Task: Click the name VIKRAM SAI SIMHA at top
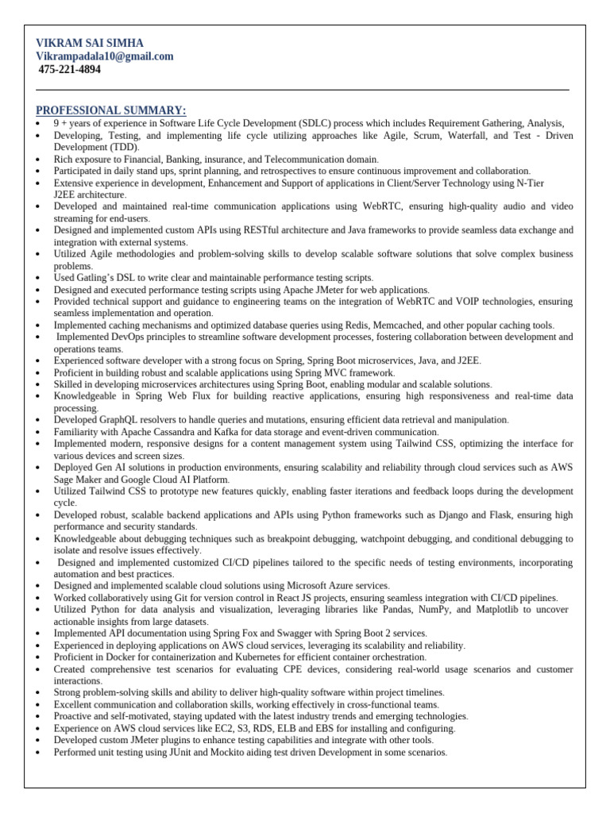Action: pyautogui.click(x=90, y=43)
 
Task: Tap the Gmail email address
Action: pyautogui.click(x=105, y=56)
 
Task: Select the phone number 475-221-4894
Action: pyautogui.click(x=70, y=70)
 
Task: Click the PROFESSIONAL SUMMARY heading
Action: pyautogui.click(x=111, y=110)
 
